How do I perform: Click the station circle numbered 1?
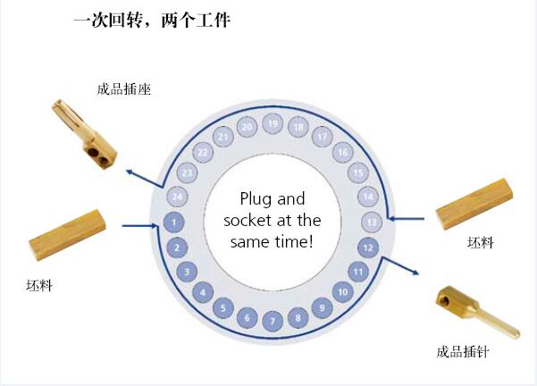coord(174,222)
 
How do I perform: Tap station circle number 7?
coord(273,321)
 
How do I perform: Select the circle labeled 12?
coord(368,248)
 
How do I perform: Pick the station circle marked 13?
coord(372,222)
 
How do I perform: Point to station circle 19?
coord(273,123)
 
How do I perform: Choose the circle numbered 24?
coord(178,197)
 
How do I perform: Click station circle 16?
coord(343,153)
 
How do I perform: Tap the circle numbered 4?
coord(203,292)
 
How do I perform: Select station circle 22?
coord(203,153)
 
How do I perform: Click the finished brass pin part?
coord(477,313)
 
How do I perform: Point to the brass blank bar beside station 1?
coord(68,235)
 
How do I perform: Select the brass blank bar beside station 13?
coord(474,204)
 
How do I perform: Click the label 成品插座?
coord(124,89)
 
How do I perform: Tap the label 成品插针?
coord(463,352)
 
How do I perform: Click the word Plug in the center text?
coord(256,199)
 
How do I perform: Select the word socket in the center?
coord(248,220)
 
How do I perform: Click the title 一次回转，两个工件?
coord(152,21)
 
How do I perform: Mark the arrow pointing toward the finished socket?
coord(144,179)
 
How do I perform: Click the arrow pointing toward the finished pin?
coord(400,265)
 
